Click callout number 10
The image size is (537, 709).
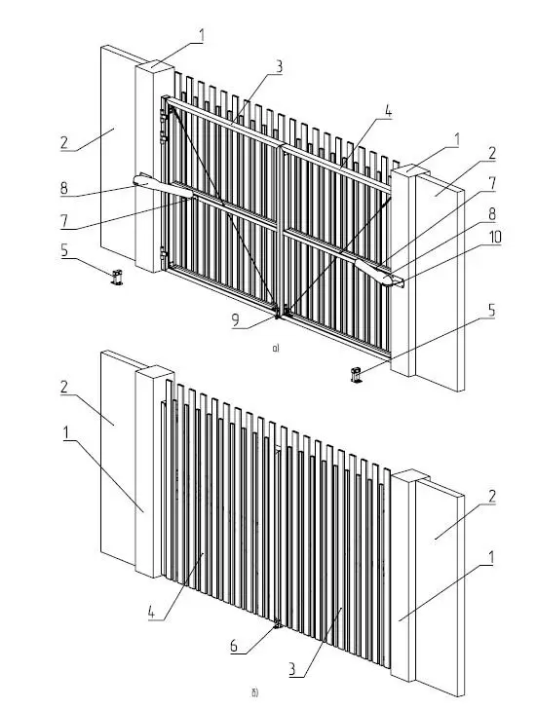(x=495, y=237)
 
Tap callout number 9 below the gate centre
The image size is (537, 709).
(x=235, y=320)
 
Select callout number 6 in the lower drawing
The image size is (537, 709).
(x=234, y=646)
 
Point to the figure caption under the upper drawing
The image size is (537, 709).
(x=276, y=349)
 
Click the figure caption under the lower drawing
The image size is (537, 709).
(x=254, y=692)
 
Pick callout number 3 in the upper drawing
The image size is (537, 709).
(x=279, y=66)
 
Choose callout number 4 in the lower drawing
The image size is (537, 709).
(x=152, y=613)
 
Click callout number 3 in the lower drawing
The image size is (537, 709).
(x=292, y=668)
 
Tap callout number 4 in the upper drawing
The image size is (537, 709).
(x=388, y=111)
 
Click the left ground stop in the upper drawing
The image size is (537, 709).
(x=117, y=277)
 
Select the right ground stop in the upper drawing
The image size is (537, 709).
(x=357, y=375)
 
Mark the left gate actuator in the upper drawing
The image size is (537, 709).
(x=164, y=185)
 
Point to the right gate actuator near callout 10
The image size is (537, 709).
(x=379, y=273)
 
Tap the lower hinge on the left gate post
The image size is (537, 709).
(x=164, y=253)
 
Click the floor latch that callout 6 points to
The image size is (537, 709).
(x=278, y=625)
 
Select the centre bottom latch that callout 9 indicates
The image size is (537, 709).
(x=281, y=311)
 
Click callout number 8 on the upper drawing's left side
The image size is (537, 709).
(x=64, y=188)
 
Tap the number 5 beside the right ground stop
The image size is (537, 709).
(x=491, y=311)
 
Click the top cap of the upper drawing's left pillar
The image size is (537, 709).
(x=155, y=65)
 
